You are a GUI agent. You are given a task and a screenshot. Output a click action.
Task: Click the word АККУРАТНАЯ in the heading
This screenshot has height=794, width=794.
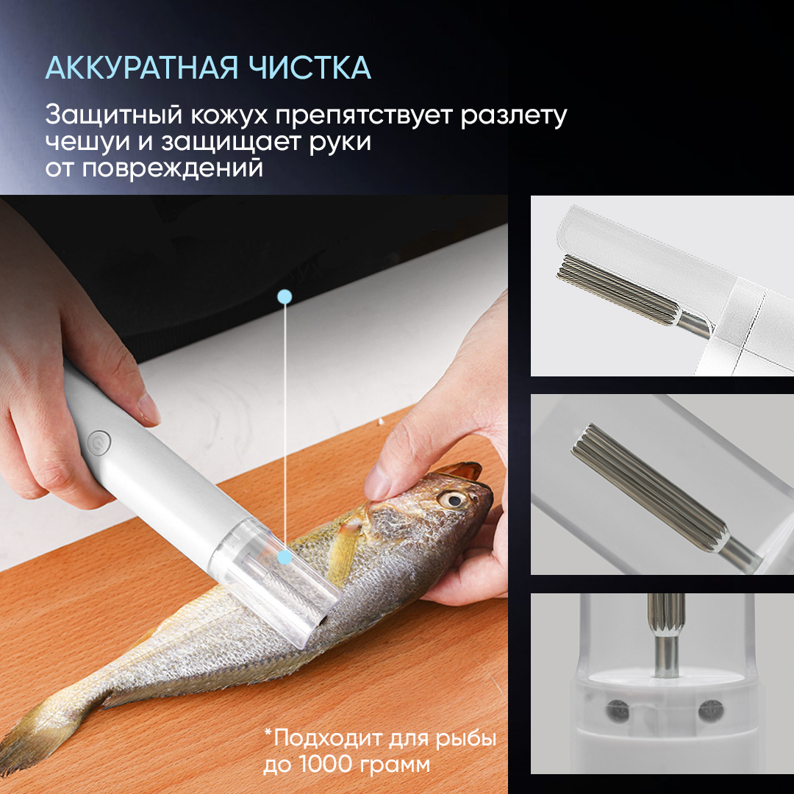141,68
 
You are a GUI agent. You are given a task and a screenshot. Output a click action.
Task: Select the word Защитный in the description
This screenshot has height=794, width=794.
113,115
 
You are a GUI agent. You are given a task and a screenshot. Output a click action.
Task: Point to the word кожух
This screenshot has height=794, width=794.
229,116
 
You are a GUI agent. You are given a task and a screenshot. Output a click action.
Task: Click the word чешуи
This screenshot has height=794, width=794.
87,143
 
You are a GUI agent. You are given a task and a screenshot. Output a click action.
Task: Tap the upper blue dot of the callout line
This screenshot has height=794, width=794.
285,297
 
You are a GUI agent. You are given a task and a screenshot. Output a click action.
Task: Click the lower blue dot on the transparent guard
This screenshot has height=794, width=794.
285,558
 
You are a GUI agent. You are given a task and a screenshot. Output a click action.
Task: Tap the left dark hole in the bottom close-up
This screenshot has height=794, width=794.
618,712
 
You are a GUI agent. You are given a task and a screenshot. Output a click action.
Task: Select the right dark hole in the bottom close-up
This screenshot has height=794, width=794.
710,711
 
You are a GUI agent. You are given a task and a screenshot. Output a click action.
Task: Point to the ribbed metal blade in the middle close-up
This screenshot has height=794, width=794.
651,484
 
